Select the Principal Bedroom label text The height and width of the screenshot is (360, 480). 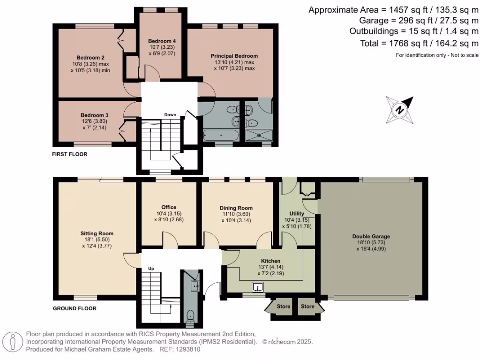click(x=234, y=56)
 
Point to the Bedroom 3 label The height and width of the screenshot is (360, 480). click(x=94, y=115)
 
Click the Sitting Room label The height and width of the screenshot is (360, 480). click(x=97, y=233)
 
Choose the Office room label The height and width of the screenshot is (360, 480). click(x=168, y=207)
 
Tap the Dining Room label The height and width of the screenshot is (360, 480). click(x=236, y=208)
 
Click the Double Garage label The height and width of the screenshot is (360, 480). click(x=371, y=236)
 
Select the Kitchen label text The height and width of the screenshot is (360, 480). click(x=270, y=261)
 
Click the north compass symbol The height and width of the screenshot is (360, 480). click(x=399, y=110)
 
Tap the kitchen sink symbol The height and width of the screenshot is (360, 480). click(x=258, y=287)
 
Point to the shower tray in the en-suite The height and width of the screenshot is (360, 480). click(x=258, y=136)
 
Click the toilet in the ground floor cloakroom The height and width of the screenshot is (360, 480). click(x=191, y=316)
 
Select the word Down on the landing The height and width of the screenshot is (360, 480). click(x=170, y=115)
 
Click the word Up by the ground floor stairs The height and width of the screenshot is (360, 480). click(x=151, y=269)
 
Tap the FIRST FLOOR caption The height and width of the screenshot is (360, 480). click(x=70, y=154)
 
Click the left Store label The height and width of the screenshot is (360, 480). click(x=283, y=307)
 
